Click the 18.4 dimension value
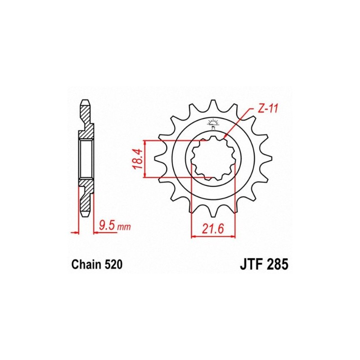click(x=139, y=159)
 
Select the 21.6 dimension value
click(x=213, y=229)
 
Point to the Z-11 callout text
click(x=268, y=108)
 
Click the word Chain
click(x=86, y=265)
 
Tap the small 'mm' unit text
click(x=124, y=227)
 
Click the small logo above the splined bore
click(x=213, y=124)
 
